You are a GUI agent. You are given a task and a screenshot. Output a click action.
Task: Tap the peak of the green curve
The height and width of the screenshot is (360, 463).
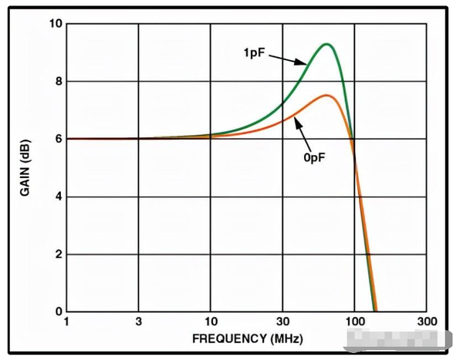point(327,44)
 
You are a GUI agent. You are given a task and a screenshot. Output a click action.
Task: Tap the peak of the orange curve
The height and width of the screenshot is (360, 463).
point(326,96)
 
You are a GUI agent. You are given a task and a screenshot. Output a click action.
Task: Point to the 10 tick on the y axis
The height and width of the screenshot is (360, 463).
point(54,23)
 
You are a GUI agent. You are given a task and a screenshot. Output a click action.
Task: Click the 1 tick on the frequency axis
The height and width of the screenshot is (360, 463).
point(66,321)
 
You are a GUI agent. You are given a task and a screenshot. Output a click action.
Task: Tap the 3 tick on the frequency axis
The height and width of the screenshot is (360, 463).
point(139,321)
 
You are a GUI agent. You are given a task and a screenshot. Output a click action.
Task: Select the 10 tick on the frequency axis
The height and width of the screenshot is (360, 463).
point(211,321)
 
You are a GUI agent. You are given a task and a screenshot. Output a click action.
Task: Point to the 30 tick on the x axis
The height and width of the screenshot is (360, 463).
point(283,321)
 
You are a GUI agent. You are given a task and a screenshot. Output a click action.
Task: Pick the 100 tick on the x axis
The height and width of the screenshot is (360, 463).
point(355,321)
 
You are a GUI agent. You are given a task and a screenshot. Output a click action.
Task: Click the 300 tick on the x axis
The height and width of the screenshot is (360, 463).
point(427,321)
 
